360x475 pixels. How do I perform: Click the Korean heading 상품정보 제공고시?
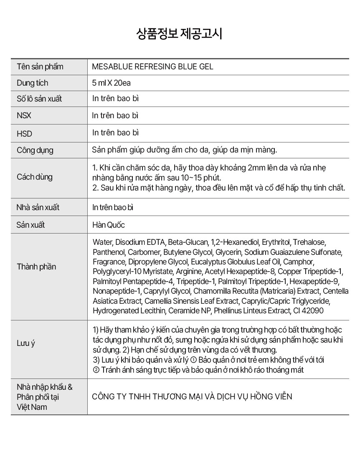point(180,34)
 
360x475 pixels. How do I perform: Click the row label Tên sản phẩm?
point(40,67)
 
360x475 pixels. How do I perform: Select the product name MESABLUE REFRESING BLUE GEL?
point(152,67)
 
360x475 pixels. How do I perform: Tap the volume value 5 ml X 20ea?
point(112,83)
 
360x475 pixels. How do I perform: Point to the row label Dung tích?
point(32,83)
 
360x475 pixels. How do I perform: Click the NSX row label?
point(24,116)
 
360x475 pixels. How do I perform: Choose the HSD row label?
point(24,134)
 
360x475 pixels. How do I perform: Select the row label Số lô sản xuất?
point(39,99)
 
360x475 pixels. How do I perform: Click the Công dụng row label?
point(35,150)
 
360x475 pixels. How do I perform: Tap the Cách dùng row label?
point(35,177)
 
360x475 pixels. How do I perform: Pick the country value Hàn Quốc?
point(109,225)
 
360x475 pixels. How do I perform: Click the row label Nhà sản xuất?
point(38,208)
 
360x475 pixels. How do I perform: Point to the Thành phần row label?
point(36,267)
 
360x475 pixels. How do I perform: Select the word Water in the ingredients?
point(102,242)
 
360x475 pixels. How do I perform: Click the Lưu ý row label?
point(26,343)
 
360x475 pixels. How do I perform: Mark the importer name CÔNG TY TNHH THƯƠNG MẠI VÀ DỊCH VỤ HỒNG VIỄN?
point(192,396)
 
